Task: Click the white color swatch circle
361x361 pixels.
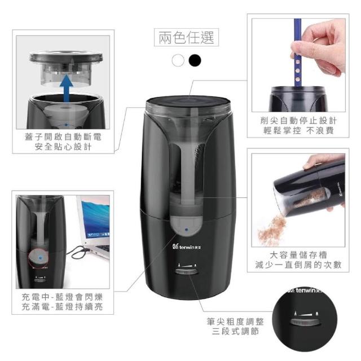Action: click(178, 60)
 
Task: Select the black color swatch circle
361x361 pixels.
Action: click(195, 60)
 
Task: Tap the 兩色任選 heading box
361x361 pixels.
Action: click(186, 37)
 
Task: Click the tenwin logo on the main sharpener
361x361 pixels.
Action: click(187, 247)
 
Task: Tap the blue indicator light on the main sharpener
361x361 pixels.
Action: click(187, 230)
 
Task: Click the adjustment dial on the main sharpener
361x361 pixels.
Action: click(187, 272)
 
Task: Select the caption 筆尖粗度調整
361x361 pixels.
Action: click(235, 322)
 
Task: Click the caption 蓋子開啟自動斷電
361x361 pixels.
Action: click(63, 137)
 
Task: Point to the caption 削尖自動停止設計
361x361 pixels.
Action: click(298, 120)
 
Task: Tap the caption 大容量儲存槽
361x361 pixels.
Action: click(298, 255)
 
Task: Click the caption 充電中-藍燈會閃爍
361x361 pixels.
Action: click(62, 297)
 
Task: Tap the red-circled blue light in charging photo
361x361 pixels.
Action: click(40, 258)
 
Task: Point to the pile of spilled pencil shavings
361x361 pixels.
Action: click(272, 227)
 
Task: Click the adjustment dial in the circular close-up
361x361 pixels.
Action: click(305, 322)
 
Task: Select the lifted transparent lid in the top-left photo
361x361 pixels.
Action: click(66, 68)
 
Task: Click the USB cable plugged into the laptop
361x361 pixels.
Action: click(80, 251)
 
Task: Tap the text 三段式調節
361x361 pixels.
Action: click(235, 331)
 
